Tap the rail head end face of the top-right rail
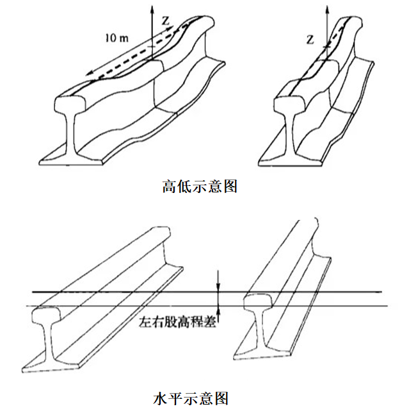tap(286, 106)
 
